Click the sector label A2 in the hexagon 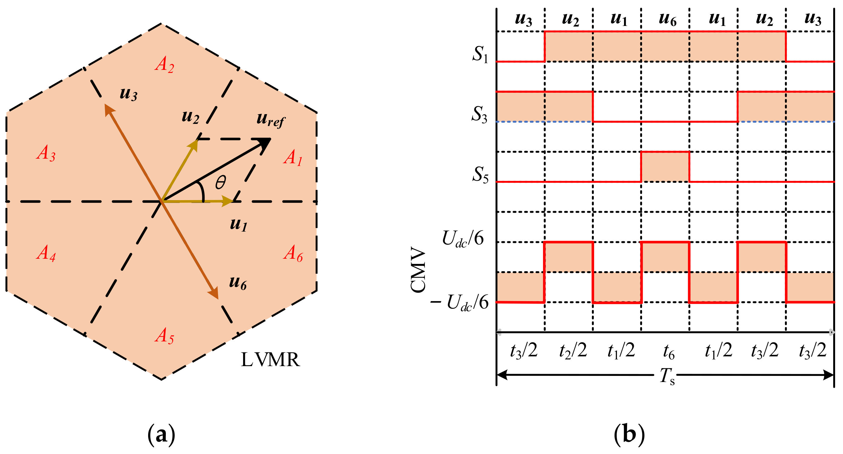tap(165, 64)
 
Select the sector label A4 tap(46, 253)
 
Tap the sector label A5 tap(164, 336)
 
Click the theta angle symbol tap(221, 182)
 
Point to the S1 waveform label tap(480, 54)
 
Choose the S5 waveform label tap(480, 174)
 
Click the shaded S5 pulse tap(665, 167)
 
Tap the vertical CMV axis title tap(418, 271)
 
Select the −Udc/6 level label tap(459, 302)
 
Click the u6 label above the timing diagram tap(668, 20)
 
